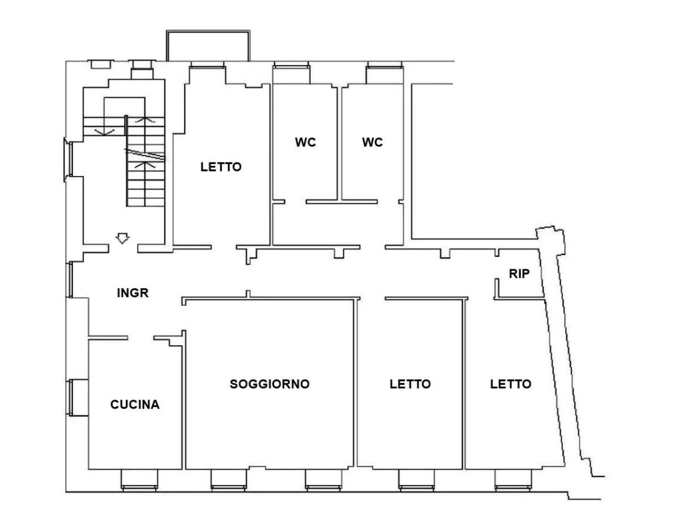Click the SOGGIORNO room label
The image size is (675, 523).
[270, 384]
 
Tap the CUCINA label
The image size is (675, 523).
[135, 405]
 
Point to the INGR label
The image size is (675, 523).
[133, 293]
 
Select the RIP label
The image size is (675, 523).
[519, 273]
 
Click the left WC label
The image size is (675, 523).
[305, 142]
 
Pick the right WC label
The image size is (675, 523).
[373, 142]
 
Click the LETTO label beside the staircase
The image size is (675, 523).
[221, 167]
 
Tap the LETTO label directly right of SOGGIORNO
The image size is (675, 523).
[410, 384]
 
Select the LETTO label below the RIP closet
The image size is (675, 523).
[511, 384]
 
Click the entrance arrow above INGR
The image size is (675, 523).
[123, 238]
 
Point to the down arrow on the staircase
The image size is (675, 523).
[105, 131]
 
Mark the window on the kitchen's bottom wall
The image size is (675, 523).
[139, 479]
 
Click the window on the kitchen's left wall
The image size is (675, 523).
[78, 398]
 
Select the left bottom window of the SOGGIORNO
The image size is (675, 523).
[229, 479]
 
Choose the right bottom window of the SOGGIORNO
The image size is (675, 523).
[323, 479]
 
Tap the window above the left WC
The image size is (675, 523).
[292, 72]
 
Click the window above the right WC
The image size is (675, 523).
[385, 72]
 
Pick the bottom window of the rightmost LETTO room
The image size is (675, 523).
[513, 479]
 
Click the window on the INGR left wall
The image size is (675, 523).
[70, 280]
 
